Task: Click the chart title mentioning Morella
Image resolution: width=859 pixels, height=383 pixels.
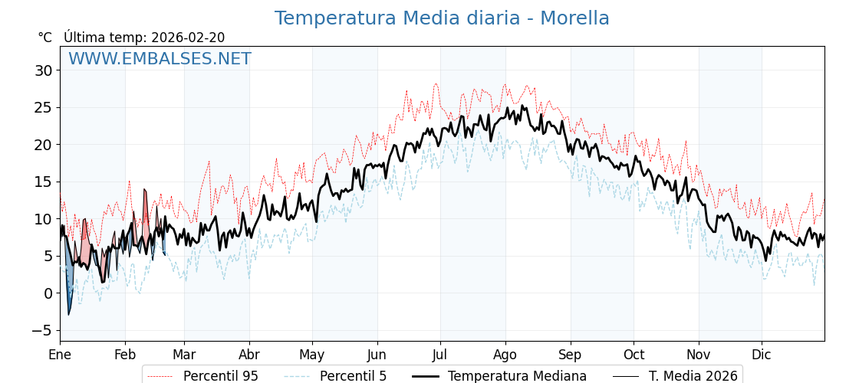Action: coord(442,18)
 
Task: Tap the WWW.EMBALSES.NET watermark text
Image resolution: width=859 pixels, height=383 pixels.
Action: coord(160,59)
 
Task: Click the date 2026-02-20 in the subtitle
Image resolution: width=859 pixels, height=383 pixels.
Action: coord(188,38)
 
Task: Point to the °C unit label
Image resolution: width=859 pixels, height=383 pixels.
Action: coord(45,38)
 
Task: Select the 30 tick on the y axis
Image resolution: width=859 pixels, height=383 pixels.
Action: coord(43,70)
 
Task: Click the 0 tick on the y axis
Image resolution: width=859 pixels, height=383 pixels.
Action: coord(48,293)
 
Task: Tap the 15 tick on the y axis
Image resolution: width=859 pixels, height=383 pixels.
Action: coord(43,182)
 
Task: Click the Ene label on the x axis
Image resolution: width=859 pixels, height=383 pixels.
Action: coord(60,355)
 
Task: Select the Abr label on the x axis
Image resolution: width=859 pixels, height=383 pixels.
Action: coord(249,355)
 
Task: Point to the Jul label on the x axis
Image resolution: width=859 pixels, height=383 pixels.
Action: coord(440,355)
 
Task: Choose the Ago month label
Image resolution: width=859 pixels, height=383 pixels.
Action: coord(505,355)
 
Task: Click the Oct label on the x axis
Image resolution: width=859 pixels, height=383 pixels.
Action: coord(634,355)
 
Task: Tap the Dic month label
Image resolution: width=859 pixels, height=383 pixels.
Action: coord(762,355)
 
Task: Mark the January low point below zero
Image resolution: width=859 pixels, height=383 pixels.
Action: coord(68,314)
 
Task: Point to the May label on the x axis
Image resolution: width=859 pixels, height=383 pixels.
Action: coord(312,355)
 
